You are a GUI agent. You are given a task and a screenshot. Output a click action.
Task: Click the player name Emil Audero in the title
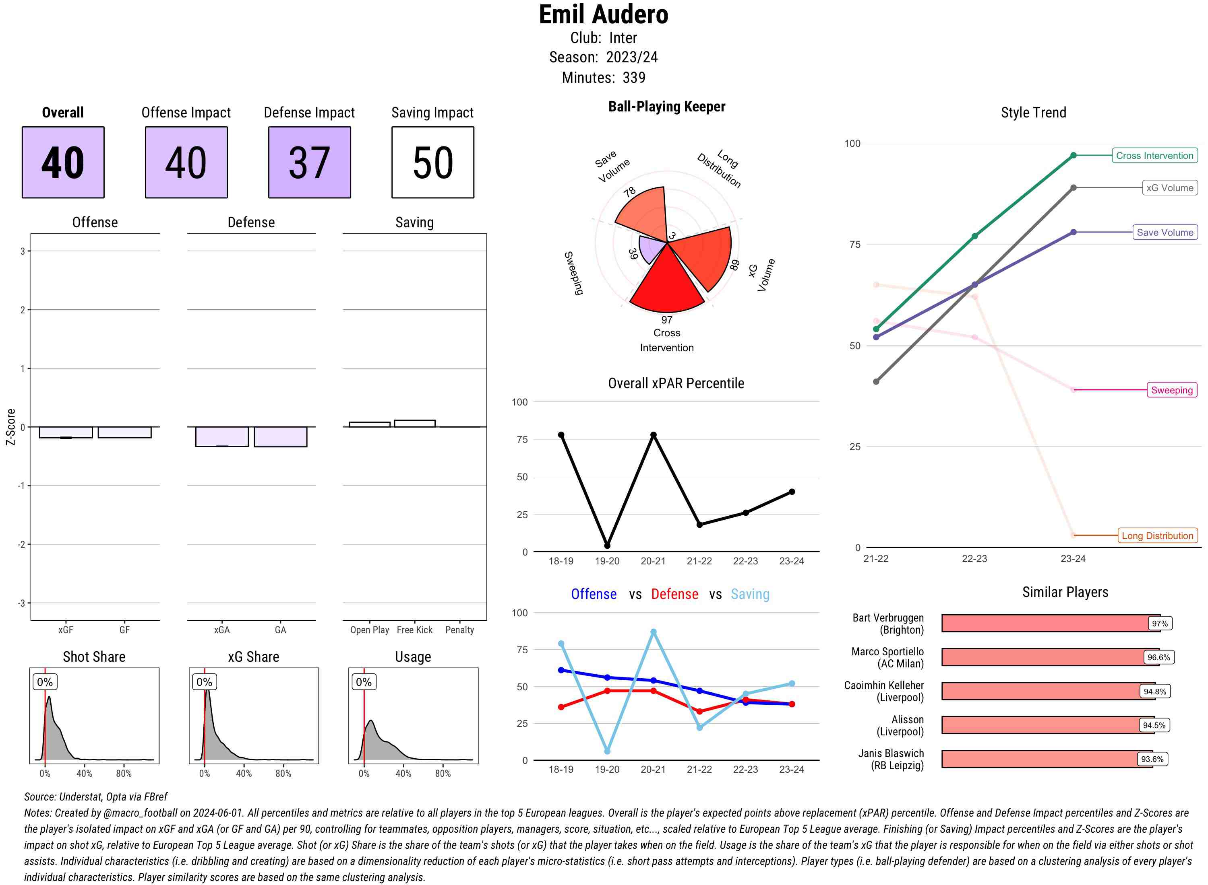[603, 15]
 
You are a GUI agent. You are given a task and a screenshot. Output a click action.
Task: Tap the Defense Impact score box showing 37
[309, 163]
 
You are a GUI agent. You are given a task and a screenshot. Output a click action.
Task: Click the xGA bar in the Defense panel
[222, 436]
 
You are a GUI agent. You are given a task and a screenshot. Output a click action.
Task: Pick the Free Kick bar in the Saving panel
[414, 423]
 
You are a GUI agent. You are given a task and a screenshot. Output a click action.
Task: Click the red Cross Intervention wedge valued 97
[666, 284]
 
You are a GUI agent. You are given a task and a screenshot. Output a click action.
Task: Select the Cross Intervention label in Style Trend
[1154, 155]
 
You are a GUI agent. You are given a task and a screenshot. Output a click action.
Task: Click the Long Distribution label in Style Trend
[1157, 535]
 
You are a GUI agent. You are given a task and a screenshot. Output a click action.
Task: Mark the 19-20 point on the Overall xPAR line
[607, 545]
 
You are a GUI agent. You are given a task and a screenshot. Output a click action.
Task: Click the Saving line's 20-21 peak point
[653, 632]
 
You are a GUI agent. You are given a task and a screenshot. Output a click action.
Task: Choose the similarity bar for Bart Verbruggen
[1050, 623]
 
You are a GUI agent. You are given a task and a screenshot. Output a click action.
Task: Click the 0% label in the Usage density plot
[364, 681]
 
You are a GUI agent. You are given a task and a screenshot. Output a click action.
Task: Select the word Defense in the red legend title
[674, 594]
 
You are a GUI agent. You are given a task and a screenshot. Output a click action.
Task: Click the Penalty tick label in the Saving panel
[459, 630]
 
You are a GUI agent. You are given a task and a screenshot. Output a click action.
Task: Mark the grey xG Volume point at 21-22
[875, 381]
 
